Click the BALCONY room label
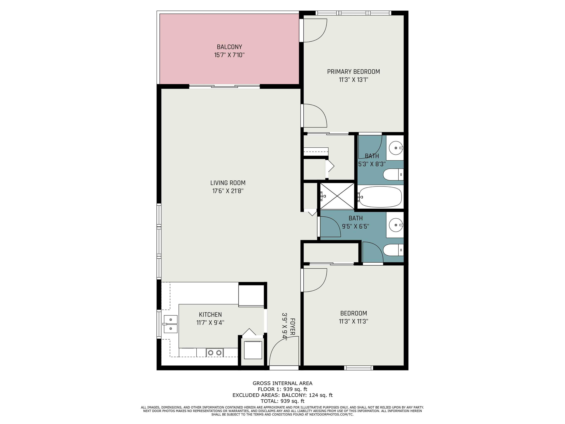(229, 47)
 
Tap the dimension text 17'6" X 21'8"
(228, 191)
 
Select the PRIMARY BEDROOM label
(353, 72)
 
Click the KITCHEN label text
(210, 315)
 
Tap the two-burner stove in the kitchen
(215, 353)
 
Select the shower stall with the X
(337, 196)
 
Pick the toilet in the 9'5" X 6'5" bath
(393, 250)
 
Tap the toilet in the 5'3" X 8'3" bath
(393, 175)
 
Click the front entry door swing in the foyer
(284, 351)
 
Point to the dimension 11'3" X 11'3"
(353, 321)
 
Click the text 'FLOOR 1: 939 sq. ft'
(282, 389)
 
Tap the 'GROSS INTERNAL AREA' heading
(282, 383)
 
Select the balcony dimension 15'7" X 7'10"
(229, 55)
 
